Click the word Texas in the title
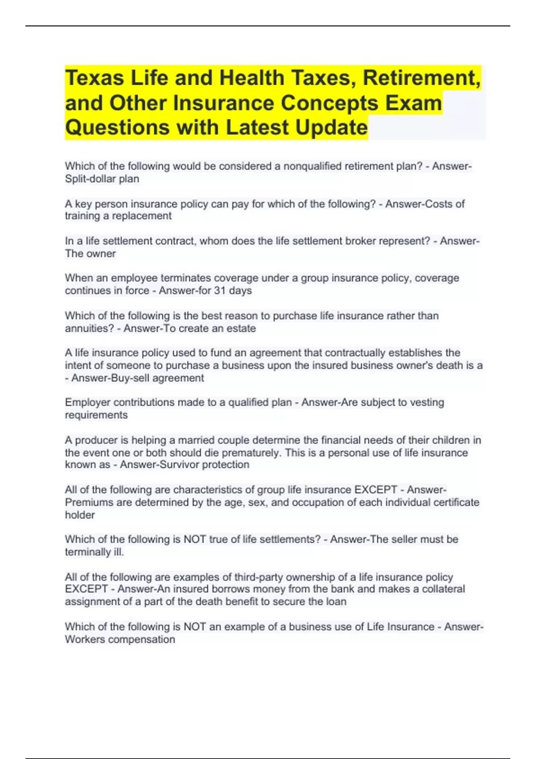tap(94, 78)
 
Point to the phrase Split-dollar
tap(91, 179)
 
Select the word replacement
tap(142, 216)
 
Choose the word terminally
tap(88, 552)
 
